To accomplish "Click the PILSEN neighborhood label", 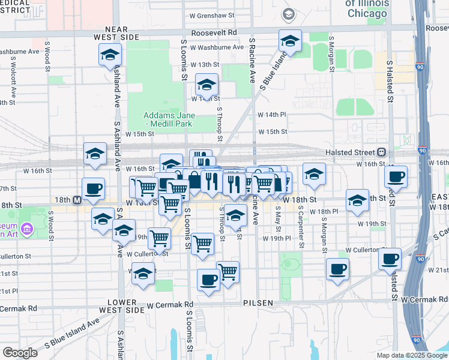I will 258,303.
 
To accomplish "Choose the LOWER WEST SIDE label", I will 125,306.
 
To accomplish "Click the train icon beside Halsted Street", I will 382,152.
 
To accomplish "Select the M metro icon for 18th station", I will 77,200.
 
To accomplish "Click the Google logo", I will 20,352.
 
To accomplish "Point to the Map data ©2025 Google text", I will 411,355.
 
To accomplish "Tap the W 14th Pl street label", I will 272,114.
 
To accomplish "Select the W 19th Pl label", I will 277,238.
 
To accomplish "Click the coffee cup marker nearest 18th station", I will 93,188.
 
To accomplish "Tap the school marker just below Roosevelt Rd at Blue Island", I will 290,41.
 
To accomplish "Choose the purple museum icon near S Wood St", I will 26,228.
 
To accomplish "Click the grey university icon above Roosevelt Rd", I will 289,14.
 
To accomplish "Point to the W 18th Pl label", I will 326,212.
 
